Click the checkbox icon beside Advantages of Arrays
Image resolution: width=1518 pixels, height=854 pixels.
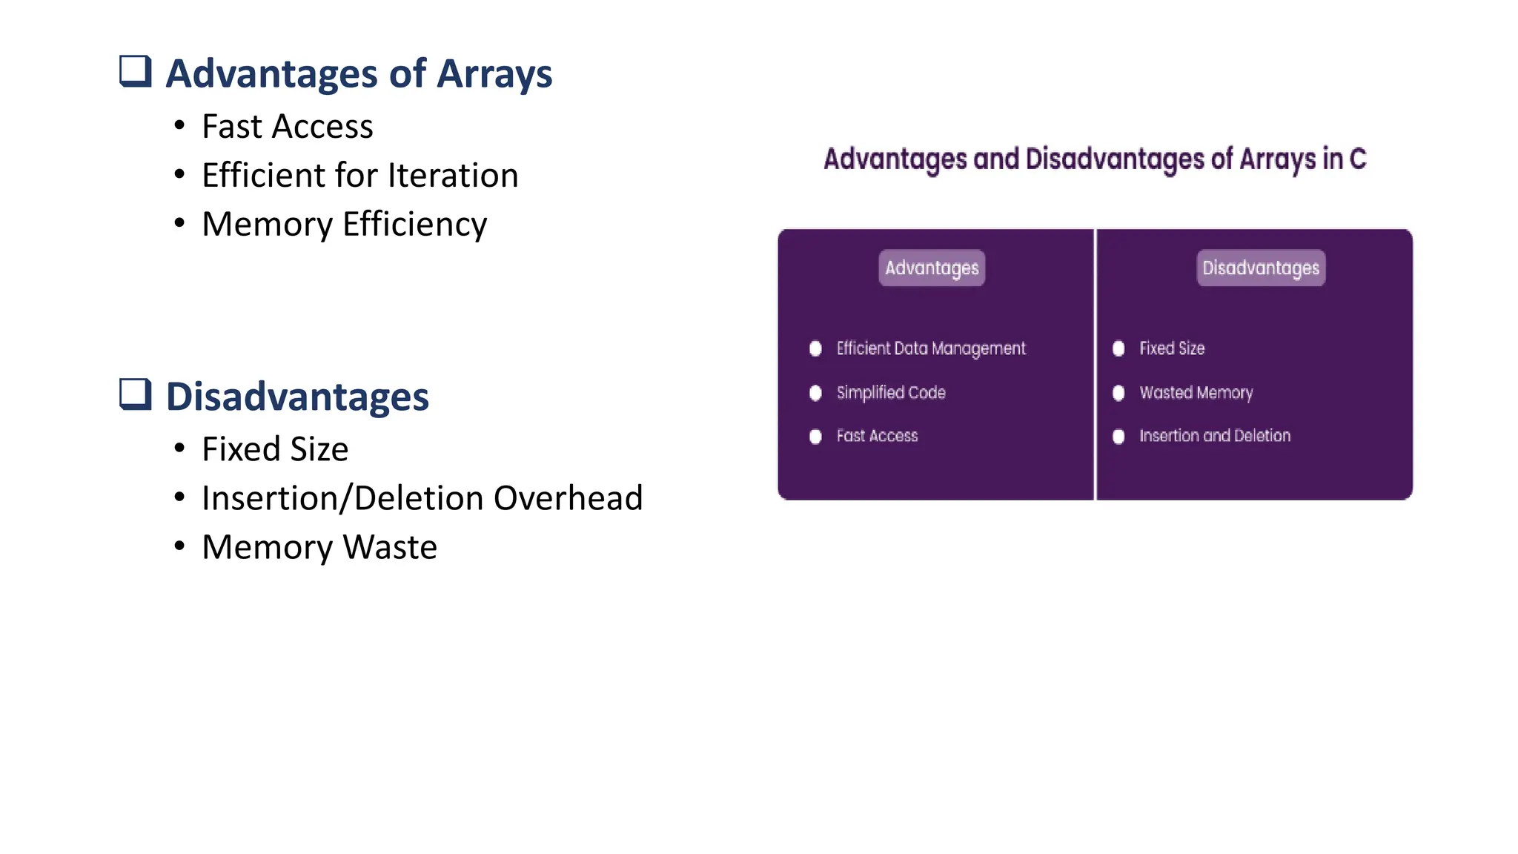coord(136,72)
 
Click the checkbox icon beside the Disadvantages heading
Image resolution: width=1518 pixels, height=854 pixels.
coord(136,394)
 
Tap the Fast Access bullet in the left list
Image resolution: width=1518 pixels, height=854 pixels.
coord(287,127)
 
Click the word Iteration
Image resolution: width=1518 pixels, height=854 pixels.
coord(453,176)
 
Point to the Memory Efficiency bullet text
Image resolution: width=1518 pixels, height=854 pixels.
coord(344,225)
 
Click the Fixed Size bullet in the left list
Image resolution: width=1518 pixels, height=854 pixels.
coord(275,449)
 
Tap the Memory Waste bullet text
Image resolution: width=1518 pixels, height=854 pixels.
coord(319,547)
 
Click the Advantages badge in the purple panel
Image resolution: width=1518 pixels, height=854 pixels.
coord(932,268)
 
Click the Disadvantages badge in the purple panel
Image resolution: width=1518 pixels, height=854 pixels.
coord(1260,268)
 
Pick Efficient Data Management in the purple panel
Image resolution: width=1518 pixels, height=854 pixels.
coord(931,348)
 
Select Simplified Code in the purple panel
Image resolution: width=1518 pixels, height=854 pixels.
coord(891,392)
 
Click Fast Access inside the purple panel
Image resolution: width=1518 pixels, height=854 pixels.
coord(877,436)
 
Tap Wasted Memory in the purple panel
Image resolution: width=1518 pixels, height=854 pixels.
coord(1196,392)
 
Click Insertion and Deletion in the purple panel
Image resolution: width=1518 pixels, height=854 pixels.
coord(1214,436)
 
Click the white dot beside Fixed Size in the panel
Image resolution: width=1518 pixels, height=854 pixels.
coord(1118,348)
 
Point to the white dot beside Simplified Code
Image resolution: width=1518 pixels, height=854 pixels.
coord(815,393)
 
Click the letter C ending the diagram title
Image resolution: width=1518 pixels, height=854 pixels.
coord(1357,159)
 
